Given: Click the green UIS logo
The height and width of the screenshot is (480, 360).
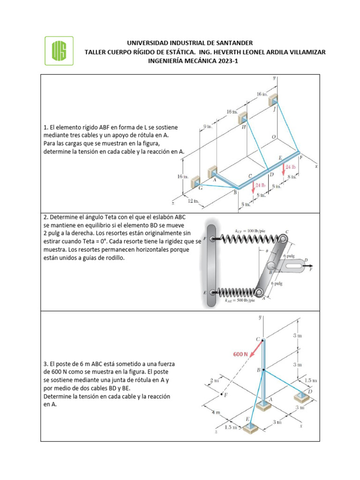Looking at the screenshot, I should tap(59, 50).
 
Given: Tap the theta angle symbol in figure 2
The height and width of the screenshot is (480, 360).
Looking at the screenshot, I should tap(266, 251).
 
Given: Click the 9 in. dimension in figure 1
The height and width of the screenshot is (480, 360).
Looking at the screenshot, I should tap(208, 127).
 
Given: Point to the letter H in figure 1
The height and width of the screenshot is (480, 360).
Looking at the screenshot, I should tap(244, 127).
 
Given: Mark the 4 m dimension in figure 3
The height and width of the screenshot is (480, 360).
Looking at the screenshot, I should tap(215, 412).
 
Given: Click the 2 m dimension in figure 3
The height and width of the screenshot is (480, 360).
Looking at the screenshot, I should tap(215, 380).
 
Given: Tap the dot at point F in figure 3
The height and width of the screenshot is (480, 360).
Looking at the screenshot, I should tap(221, 395).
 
